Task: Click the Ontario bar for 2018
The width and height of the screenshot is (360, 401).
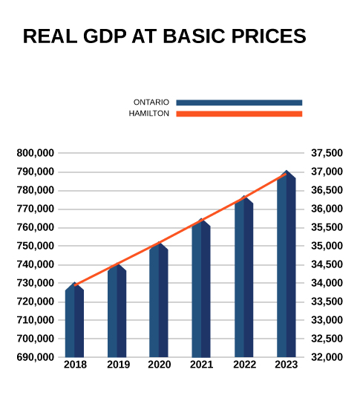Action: [x=74, y=319]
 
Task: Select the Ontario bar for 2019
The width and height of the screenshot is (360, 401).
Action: [x=117, y=310]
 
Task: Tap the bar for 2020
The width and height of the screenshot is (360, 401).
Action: [x=159, y=299]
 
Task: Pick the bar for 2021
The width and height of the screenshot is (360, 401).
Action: [x=201, y=288]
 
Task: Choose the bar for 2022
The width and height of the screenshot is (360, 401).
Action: [x=244, y=276]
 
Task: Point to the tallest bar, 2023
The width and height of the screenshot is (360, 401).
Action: [x=287, y=264]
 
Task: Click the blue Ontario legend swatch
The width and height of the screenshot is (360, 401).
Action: [x=239, y=102]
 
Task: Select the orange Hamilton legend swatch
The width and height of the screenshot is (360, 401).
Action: [x=239, y=114]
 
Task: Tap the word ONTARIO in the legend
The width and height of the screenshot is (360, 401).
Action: [x=151, y=102]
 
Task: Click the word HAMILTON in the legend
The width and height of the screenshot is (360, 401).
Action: [x=149, y=114]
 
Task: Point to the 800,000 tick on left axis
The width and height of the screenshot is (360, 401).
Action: [x=36, y=153]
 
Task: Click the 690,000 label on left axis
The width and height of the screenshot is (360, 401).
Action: [x=36, y=357]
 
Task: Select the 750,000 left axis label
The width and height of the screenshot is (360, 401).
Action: [x=36, y=246]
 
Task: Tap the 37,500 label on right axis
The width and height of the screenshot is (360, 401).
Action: [x=327, y=153]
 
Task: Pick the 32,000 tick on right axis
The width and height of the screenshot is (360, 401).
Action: [x=327, y=357]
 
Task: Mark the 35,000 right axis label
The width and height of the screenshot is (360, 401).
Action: [x=327, y=246]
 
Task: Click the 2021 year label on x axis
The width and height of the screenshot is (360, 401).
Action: [x=201, y=365]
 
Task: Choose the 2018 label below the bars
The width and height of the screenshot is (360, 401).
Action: [x=75, y=365]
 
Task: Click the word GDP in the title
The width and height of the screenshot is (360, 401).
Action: [x=105, y=36]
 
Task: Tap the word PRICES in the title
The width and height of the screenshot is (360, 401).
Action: [x=269, y=36]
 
